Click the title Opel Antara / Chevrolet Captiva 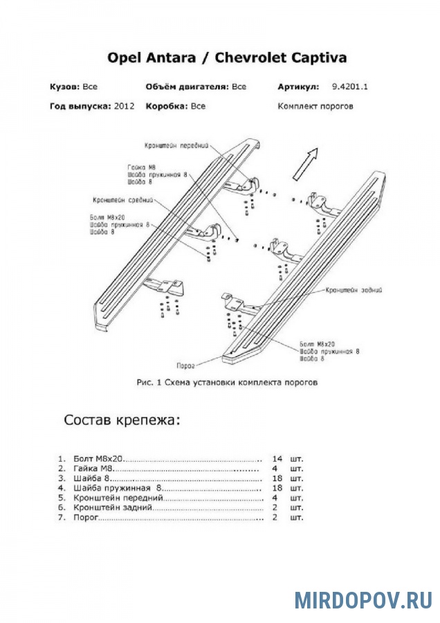227,57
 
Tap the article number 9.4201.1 349,87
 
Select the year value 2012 125,106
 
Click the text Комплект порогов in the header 315,106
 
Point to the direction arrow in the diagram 305,163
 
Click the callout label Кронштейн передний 176,146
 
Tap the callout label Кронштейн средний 122,200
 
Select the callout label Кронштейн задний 354,291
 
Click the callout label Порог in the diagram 185,365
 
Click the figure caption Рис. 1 149,383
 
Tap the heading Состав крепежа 122,420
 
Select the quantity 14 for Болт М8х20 277,459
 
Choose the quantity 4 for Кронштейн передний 275,498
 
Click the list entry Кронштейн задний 113,508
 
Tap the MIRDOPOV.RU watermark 363,599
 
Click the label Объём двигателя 187,87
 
